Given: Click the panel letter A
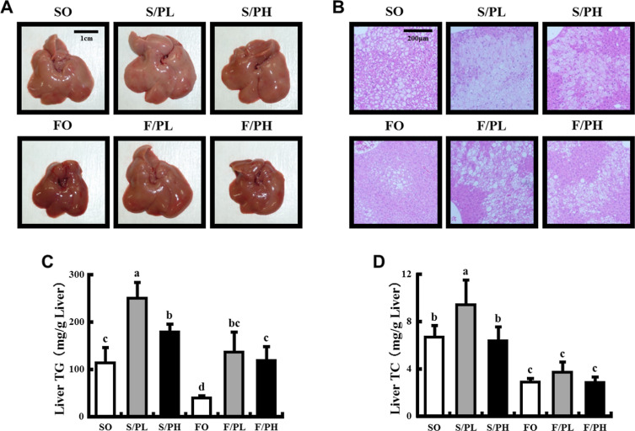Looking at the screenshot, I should (x=9, y=8).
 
